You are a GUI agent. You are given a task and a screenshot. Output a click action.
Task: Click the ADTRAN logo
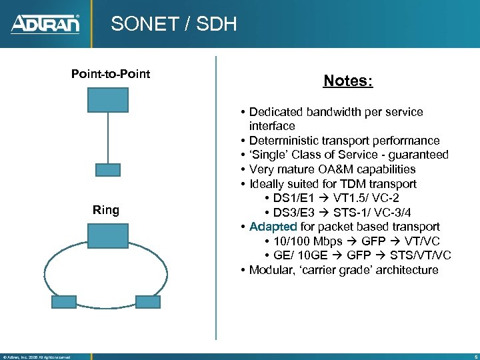(x=45, y=24)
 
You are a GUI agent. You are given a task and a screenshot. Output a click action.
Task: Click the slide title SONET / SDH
(x=173, y=25)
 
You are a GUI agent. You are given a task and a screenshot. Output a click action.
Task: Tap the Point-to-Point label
(x=111, y=73)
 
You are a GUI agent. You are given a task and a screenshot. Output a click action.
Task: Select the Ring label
(x=106, y=211)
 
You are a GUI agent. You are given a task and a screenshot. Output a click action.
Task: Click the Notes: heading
(x=348, y=81)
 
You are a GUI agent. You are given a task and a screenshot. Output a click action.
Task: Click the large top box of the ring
(x=107, y=236)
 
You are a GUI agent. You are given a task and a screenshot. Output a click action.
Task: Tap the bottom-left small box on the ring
(x=64, y=301)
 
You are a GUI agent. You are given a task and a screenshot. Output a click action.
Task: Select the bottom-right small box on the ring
(x=147, y=301)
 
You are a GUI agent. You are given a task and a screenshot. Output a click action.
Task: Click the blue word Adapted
(x=273, y=227)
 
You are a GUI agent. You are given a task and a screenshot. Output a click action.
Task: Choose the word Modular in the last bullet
(x=271, y=270)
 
